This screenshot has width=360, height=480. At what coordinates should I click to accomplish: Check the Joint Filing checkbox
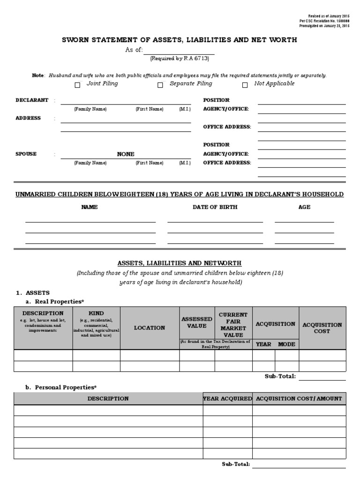77,85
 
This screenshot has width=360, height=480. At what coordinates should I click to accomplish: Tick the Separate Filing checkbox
160,85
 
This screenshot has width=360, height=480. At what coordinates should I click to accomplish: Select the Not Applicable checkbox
245,85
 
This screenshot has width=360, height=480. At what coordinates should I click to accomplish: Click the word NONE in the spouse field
126,154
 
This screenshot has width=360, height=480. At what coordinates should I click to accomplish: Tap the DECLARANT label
32,100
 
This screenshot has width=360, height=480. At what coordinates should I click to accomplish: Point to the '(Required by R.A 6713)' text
180,59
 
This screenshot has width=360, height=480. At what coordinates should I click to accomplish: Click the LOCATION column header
150,328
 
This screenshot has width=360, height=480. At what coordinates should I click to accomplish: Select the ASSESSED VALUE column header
197,322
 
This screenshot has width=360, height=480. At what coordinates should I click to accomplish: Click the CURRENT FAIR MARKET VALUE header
233,325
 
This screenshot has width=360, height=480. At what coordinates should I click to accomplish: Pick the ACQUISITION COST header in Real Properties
322,328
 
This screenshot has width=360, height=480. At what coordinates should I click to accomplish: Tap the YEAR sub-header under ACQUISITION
263,344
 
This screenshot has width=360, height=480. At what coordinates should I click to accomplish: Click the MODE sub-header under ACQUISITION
286,344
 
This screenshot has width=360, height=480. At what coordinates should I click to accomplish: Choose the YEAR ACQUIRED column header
227,399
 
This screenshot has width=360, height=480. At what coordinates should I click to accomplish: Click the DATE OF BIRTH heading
215,207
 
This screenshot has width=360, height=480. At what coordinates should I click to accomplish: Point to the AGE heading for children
304,207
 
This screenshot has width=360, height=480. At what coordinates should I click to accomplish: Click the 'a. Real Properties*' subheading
57,301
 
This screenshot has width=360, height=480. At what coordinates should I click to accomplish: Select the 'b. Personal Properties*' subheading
61,388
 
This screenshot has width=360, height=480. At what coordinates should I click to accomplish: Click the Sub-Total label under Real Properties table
280,376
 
